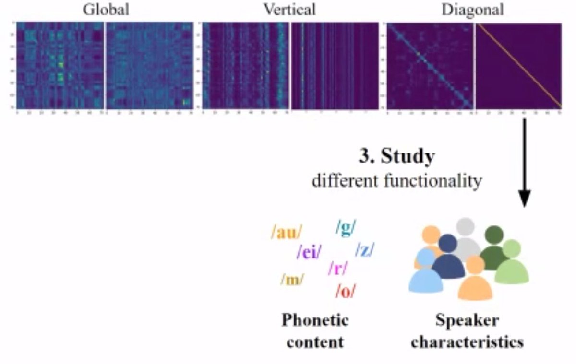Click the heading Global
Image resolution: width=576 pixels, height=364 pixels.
coord(106,10)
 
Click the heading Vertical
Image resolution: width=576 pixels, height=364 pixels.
coord(289,10)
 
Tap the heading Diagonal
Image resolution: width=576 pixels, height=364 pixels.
coord(473,10)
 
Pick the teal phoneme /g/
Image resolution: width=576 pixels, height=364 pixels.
coord(346,227)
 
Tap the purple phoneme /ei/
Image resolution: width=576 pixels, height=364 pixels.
coord(309,251)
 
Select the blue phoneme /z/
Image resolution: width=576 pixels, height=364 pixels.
coord(364,249)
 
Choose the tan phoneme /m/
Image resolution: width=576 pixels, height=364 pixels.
coord(291,279)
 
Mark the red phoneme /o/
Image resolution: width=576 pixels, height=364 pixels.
coord(346,291)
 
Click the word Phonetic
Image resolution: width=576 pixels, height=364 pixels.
coord(315,320)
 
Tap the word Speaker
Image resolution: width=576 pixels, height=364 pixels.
coord(467,320)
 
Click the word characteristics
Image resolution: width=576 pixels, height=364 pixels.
coord(467,342)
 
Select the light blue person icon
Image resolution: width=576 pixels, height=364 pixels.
coord(425,276)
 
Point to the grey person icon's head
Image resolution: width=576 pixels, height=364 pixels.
coord(465,226)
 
